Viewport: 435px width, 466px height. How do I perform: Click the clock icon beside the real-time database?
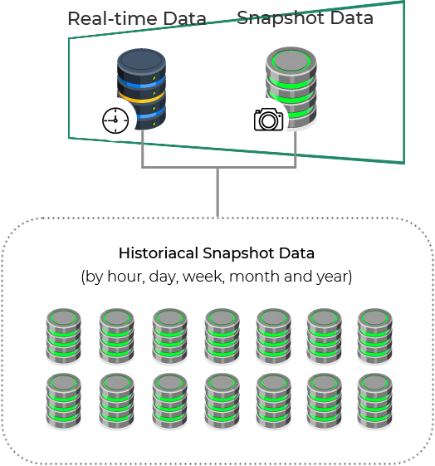115,120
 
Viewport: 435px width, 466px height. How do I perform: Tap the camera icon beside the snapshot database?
268,119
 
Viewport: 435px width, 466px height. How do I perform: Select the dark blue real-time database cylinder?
141,89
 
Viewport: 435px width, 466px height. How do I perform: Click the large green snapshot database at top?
291,87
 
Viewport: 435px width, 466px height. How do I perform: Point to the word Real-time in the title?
113,19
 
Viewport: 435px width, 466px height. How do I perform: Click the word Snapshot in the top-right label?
281,18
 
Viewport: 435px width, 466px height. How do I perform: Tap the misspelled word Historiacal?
159,253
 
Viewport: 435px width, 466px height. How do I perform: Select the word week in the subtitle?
203,277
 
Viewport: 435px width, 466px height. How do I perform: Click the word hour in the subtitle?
125,277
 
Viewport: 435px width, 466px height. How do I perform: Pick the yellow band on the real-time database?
141,97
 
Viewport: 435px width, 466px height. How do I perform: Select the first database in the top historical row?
64,336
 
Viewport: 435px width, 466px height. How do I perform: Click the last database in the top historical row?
374,336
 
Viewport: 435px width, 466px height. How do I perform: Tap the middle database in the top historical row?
222,336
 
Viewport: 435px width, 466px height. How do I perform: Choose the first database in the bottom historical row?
64,401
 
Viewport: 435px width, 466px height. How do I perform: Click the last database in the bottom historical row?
374,401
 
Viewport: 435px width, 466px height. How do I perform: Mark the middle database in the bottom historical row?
222,401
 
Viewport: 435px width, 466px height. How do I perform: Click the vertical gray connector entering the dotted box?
217,192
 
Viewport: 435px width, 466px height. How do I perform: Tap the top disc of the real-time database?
141,60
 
